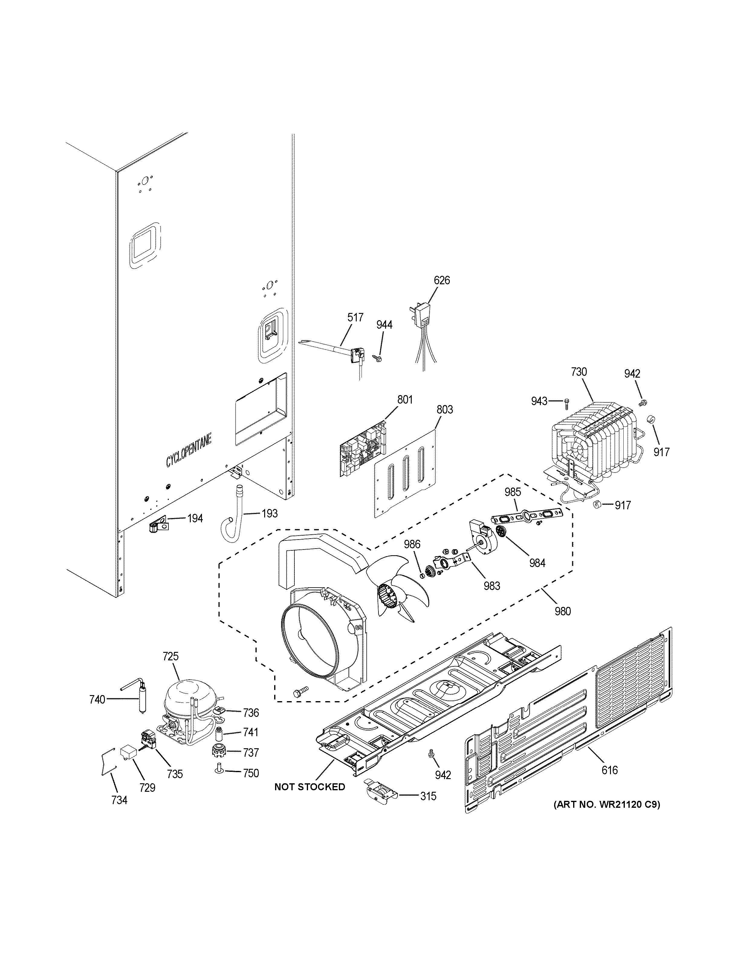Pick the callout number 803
445,410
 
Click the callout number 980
563,611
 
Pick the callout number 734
119,801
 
